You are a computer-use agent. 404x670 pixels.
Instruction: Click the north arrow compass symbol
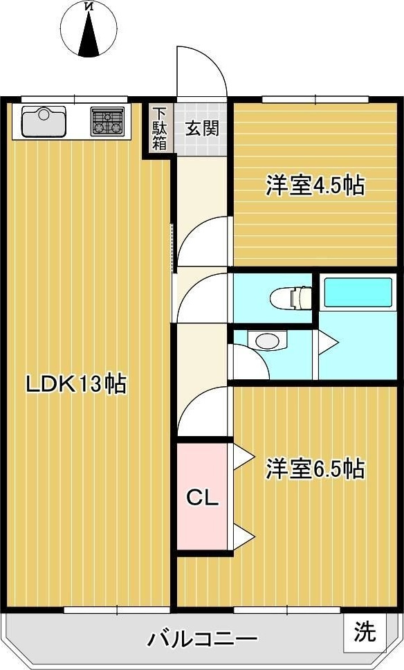[89, 28]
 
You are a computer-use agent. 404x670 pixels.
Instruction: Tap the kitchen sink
[44, 121]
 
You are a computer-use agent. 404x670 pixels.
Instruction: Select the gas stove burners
[107, 121]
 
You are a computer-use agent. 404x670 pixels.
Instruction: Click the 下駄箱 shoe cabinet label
[160, 129]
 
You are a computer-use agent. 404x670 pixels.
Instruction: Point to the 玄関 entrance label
[203, 128]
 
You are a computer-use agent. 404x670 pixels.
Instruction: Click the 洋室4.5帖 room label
[315, 185]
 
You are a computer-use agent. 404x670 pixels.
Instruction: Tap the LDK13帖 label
[77, 383]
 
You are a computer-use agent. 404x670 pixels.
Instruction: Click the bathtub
[358, 293]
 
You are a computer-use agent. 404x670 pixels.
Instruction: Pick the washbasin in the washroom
[267, 341]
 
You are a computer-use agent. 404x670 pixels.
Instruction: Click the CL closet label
[203, 498]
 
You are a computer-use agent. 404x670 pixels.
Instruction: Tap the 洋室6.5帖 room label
[315, 469]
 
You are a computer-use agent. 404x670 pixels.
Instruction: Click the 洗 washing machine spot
[365, 631]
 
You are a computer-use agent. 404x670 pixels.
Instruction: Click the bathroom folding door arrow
[328, 341]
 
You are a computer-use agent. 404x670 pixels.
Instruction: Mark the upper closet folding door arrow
[244, 457]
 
